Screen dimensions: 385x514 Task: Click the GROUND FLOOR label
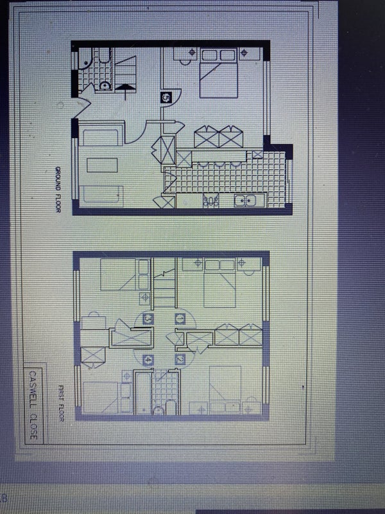(58, 190)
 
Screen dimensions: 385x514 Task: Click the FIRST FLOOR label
(61, 403)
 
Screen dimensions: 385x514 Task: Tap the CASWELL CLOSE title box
(33, 405)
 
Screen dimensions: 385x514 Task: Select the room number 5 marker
(166, 98)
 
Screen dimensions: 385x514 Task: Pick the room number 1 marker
(180, 318)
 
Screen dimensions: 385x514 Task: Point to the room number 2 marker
(180, 359)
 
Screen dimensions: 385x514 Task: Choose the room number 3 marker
(148, 318)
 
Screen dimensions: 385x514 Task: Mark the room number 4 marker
(148, 360)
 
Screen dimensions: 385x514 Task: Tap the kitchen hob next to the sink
(211, 200)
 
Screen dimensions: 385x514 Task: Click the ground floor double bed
(219, 73)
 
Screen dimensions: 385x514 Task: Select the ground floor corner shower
(85, 58)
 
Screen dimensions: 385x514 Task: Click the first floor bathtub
(143, 392)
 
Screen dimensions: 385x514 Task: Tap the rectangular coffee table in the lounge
(102, 165)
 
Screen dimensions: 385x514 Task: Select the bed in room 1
(219, 283)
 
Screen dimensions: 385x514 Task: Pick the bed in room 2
(225, 390)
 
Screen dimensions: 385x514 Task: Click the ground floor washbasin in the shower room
(105, 86)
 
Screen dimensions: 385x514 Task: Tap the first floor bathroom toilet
(158, 411)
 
